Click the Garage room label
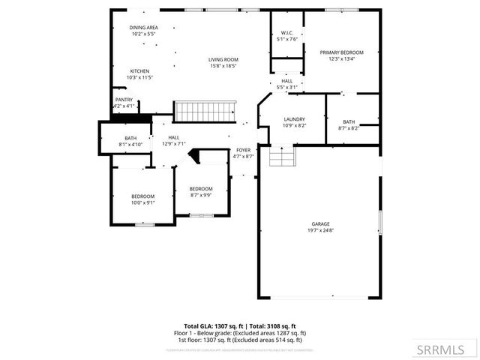[321, 223]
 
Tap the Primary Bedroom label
[341, 52]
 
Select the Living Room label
[223, 59]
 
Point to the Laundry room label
[293, 119]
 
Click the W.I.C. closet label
[287, 33]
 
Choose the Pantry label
[124, 99]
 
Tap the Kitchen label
[139, 71]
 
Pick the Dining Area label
[143, 27]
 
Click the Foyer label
[244, 150]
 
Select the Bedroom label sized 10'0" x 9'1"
[142, 196]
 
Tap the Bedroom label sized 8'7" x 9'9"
[201, 188]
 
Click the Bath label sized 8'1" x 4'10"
[130, 138]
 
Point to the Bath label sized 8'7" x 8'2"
[349, 121]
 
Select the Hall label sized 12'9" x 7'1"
[174, 137]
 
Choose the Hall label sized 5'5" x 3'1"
[286, 81]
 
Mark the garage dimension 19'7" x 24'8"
[321, 230]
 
